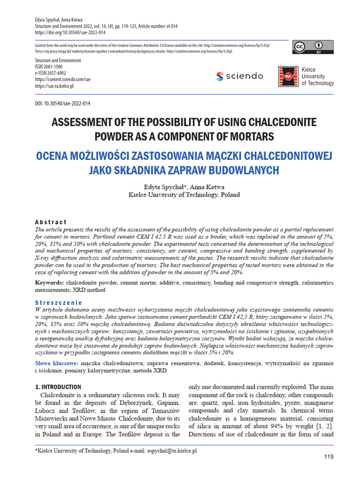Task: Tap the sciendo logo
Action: pos(240,76)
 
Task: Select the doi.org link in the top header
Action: pos(70,33)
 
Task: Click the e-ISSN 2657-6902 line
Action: pos(51,74)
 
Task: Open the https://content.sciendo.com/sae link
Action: pos(63,80)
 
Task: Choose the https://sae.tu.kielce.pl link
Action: pos(54,86)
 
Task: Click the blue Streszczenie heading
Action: pos(59,303)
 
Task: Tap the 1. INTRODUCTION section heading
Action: pos(59,387)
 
